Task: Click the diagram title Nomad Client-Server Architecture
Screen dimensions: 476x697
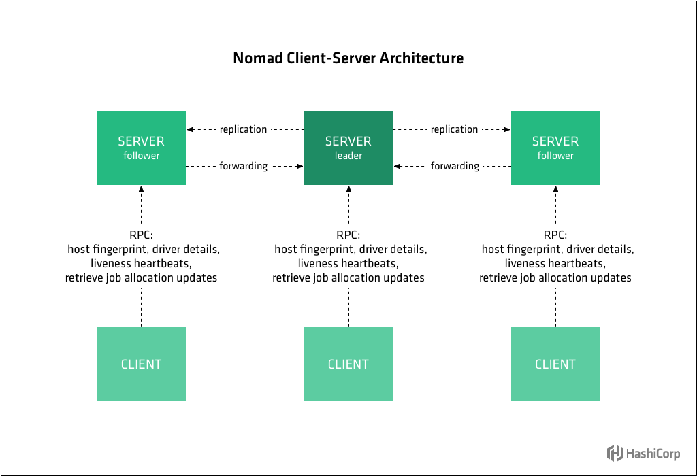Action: (348, 58)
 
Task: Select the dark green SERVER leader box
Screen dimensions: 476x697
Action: (348, 148)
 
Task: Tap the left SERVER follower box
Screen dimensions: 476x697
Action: (141, 148)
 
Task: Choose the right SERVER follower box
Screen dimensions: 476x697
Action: (555, 148)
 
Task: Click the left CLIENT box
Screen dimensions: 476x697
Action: (141, 364)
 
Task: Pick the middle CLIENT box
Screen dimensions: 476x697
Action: (348, 364)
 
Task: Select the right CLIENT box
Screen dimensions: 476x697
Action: (555, 364)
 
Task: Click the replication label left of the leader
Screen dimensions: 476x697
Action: (243, 129)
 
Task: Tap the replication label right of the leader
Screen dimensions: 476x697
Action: (454, 129)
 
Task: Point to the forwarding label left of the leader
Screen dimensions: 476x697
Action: (243, 166)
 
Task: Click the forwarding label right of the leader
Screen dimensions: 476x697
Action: (455, 166)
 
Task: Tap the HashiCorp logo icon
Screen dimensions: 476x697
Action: (615, 453)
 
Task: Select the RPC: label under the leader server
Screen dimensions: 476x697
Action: (348, 235)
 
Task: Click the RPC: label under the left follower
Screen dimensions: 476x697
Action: (141, 235)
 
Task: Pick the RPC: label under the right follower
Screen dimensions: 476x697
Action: (555, 235)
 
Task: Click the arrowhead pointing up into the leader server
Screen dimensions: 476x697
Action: (348, 190)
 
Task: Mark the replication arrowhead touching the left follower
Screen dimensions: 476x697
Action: (191, 129)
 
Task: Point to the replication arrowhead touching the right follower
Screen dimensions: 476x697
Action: (507, 129)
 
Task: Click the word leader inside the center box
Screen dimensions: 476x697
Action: (348, 156)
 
